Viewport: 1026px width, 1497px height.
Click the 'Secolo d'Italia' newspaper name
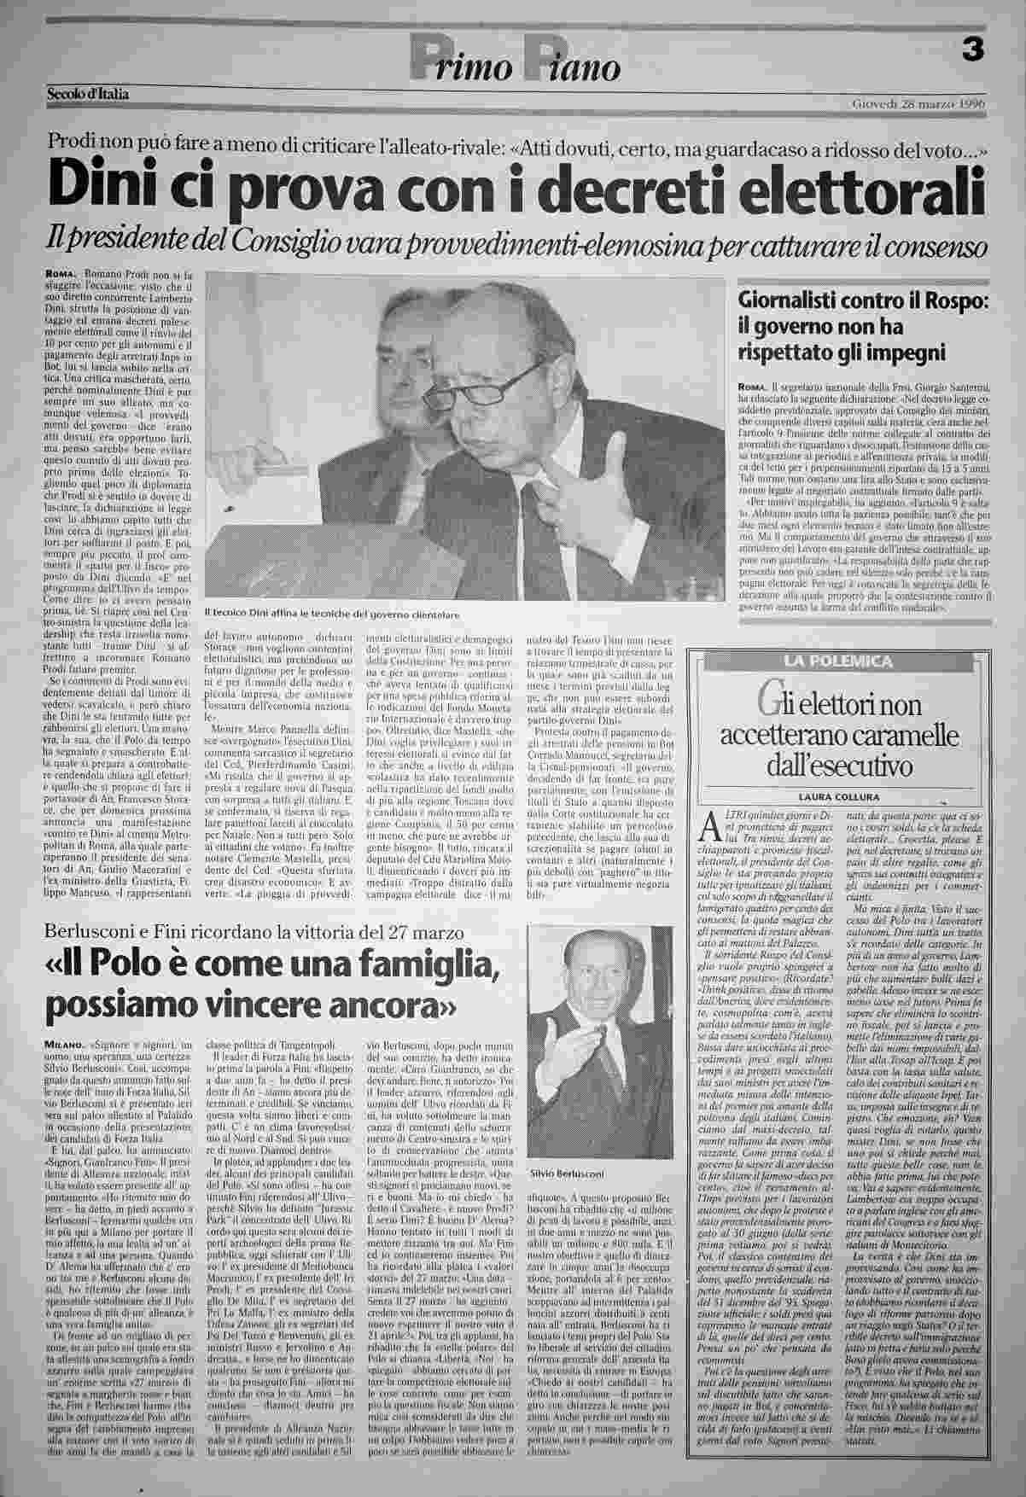click(x=87, y=95)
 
